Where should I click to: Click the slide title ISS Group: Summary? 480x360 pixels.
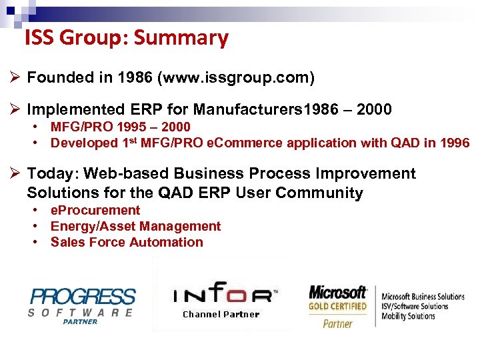126,38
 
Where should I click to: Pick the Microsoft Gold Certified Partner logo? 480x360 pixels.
337,306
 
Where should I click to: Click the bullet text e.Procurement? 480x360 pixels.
95,210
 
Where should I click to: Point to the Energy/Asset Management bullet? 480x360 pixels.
135,226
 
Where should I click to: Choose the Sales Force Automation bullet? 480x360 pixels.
127,242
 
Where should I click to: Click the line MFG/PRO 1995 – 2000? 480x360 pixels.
120,127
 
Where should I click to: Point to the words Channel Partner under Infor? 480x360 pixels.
221,314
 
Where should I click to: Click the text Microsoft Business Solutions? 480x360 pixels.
423,297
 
